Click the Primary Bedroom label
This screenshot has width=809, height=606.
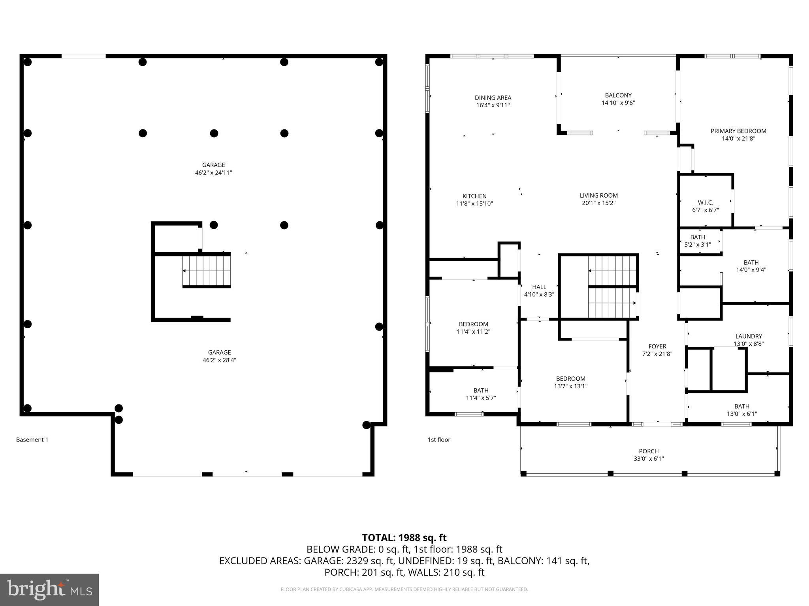tap(738, 131)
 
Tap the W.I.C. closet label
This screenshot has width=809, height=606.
tap(705, 202)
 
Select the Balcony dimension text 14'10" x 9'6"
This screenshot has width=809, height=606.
tap(618, 103)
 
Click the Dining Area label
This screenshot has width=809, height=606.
tap(493, 97)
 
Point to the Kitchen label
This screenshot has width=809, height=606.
tap(474, 196)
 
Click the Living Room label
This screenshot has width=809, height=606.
tap(598, 195)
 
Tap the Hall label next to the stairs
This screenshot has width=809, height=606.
tap(539, 287)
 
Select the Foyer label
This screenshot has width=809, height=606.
tap(657, 346)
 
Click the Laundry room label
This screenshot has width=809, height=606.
tap(748, 336)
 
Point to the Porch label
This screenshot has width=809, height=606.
tap(648, 451)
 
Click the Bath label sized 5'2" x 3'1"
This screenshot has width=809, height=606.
tap(697, 237)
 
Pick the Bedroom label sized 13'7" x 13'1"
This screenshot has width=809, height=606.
tap(570, 378)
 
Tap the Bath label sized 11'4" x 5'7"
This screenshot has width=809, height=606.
tap(481, 390)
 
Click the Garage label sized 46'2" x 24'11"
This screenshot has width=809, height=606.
tap(213, 165)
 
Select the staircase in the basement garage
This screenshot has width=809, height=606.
tap(206, 271)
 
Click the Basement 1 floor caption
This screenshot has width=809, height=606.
tap(32, 440)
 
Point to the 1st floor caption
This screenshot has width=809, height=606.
tap(438, 440)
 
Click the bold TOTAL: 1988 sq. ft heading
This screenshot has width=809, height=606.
tap(404, 537)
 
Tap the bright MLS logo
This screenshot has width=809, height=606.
tap(49, 589)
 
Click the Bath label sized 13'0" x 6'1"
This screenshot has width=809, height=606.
tap(741, 406)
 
